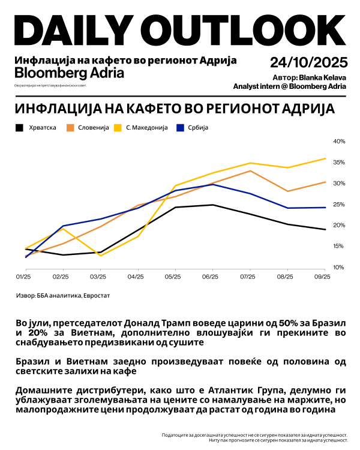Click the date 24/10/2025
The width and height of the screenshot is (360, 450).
click(x=308, y=62)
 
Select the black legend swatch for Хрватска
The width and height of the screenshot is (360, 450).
click(x=19, y=128)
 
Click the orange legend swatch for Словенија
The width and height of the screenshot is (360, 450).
click(x=70, y=128)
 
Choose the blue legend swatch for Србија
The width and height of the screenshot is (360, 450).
click(x=179, y=128)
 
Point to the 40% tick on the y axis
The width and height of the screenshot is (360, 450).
click(x=339, y=141)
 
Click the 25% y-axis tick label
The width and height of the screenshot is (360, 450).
click(x=339, y=204)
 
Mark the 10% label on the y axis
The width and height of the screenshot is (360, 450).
click(x=339, y=267)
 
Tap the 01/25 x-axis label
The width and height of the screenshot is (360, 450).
click(x=23, y=277)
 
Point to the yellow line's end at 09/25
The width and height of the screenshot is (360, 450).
click(x=325, y=158)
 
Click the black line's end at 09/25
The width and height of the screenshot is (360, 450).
click(x=325, y=230)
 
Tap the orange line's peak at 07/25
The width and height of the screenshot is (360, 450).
click(x=250, y=171)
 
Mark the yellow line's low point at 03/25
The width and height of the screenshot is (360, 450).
click(x=100, y=256)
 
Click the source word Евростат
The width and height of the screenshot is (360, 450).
click(x=95, y=296)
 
